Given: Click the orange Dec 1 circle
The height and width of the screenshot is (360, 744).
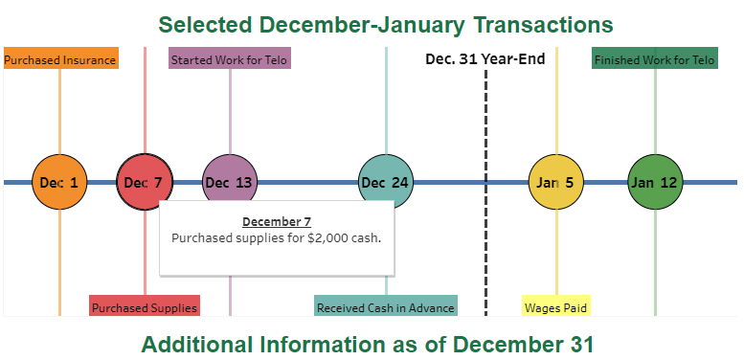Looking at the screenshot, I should pos(59,182).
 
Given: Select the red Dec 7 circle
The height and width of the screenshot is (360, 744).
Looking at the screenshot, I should pos(144,182).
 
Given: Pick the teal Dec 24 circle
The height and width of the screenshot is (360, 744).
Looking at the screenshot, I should pos(386,182).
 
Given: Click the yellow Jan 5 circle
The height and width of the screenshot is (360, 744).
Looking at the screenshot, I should pos(556,182).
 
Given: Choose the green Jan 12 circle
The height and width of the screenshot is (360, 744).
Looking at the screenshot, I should pos(656,182).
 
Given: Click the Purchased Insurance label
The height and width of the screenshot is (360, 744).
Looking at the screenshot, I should pos(60,59).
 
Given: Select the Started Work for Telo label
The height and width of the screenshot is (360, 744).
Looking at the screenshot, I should pos(229,59).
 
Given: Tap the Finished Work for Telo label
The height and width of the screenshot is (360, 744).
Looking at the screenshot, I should pos(655,59).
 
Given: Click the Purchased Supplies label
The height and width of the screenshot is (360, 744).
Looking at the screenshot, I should pos(145,307).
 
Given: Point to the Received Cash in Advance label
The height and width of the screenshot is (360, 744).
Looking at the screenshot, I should pos(386,307).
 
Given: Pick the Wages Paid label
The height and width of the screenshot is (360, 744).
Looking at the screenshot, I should pos(556,307).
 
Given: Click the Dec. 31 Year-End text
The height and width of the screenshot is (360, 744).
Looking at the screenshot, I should pos(485,59).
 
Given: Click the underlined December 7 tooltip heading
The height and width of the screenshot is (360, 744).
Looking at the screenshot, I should pos(270,222).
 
